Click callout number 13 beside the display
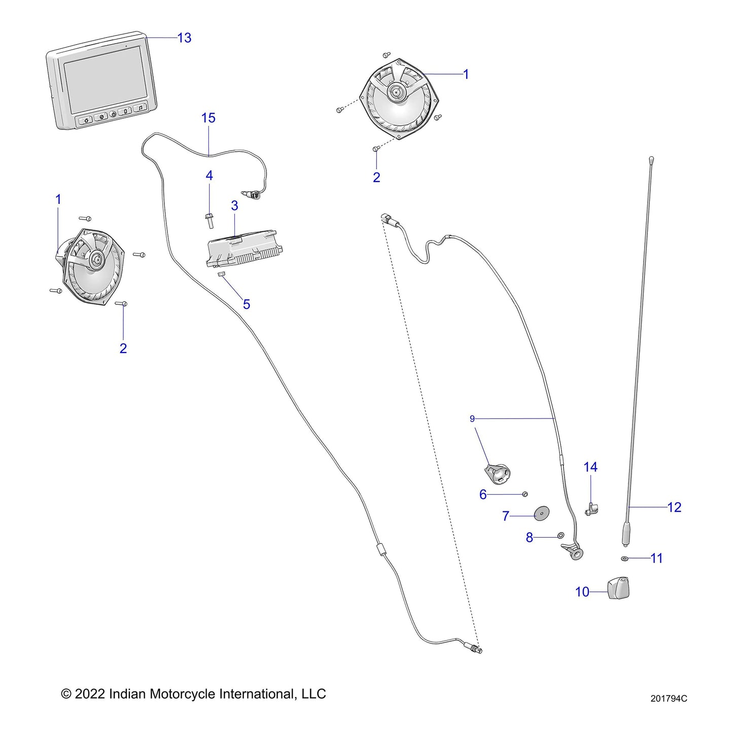[x=184, y=38]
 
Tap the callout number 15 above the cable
[x=208, y=118]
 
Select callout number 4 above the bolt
[x=209, y=176]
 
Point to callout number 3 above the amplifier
[x=234, y=206]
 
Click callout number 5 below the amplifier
[x=247, y=304]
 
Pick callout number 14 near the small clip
[x=590, y=467]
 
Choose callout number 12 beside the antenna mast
[x=674, y=507]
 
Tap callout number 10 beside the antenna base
[x=582, y=592]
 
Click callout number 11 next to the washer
[x=656, y=559]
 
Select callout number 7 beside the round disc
[x=505, y=516]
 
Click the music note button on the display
[x=140, y=108]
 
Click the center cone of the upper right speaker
[x=395, y=93]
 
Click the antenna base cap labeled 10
[x=619, y=588]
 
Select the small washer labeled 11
[x=624, y=559]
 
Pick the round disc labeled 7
[x=542, y=513]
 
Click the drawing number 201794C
[x=669, y=699]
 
